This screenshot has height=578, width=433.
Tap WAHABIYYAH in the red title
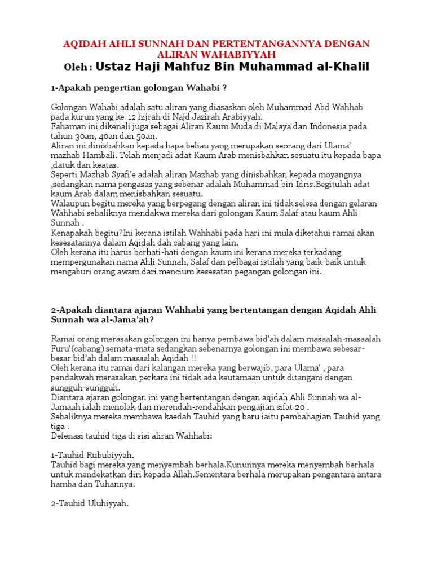click(242, 54)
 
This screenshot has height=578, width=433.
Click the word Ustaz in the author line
click(114, 67)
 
